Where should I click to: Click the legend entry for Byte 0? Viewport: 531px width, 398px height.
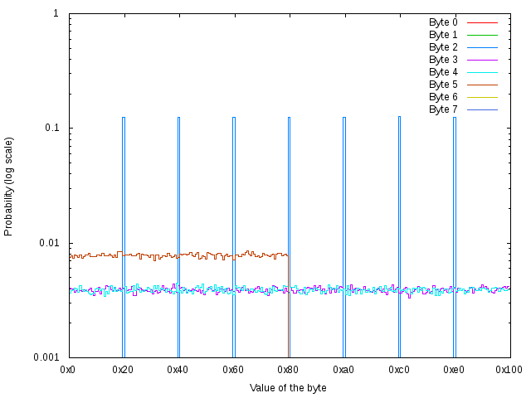point(443,22)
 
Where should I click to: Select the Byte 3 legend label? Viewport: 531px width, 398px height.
point(443,60)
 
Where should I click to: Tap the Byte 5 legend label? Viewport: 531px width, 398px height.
point(443,85)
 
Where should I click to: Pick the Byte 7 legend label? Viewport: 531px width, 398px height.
point(443,109)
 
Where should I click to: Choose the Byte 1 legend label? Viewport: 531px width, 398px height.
point(443,35)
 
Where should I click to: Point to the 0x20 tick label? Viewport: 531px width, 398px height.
point(124,369)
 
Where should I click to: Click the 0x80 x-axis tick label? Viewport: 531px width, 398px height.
point(289,369)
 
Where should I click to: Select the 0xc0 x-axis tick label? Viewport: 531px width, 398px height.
point(399,369)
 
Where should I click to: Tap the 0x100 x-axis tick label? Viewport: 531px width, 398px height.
point(509,369)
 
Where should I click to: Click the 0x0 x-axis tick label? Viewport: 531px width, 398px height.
point(69,369)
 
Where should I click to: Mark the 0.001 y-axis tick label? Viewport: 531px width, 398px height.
point(45,357)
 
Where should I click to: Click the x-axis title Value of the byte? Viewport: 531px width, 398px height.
point(288,388)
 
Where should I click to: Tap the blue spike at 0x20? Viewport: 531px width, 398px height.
point(124,207)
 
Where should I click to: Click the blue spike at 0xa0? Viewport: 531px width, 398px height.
point(344,207)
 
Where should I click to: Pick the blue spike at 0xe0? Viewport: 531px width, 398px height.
point(454,207)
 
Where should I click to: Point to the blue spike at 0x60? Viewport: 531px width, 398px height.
point(234,207)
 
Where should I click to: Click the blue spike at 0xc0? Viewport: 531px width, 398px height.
point(399,207)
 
